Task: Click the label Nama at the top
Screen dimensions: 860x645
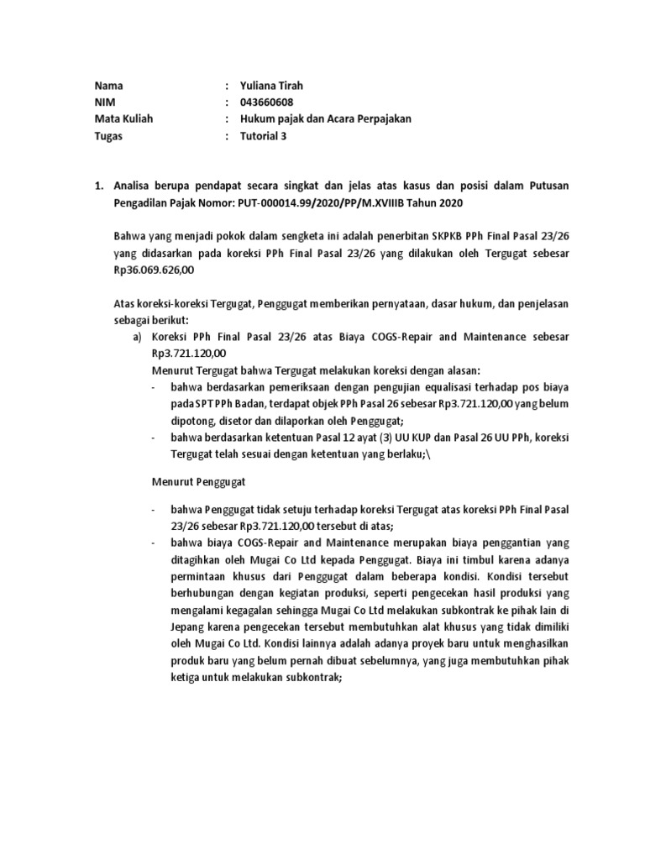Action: tap(109, 85)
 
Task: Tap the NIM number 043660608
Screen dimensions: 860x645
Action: tap(267, 102)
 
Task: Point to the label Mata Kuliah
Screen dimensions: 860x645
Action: tap(124, 119)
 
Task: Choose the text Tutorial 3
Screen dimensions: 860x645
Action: tap(263, 136)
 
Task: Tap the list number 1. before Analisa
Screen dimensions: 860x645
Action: tap(98, 186)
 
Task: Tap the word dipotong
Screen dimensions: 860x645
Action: tap(192, 420)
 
